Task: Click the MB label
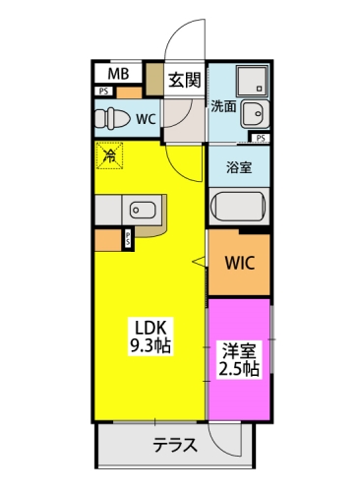click(x=118, y=74)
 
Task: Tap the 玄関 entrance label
click(x=185, y=80)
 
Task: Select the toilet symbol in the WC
click(x=112, y=118)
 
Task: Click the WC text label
click(x=146, y=119)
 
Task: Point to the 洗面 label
click(x=223, y=106)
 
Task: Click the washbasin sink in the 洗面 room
click(x=255, y=114)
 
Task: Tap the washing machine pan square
click(x=252, y=81)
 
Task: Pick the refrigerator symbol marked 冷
click(x=109, y=155)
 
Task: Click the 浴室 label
click(x=239, y=167)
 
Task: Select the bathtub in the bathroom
click(x=238, y=207)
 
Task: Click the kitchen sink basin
click(x=143, y=210)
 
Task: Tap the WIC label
click(x=240, y=263)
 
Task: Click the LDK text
click(x=151, y=327)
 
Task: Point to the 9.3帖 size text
click(x=150, y=345)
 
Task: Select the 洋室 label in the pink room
click(x=239, y=351)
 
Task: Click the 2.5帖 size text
click(x=239, y=369)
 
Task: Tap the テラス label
click(x=175, y=445)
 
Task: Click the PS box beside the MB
click(x=104, y=92)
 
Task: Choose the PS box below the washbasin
click(x=261, y=138)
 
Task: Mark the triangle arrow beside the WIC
click(x=199, y=262)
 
